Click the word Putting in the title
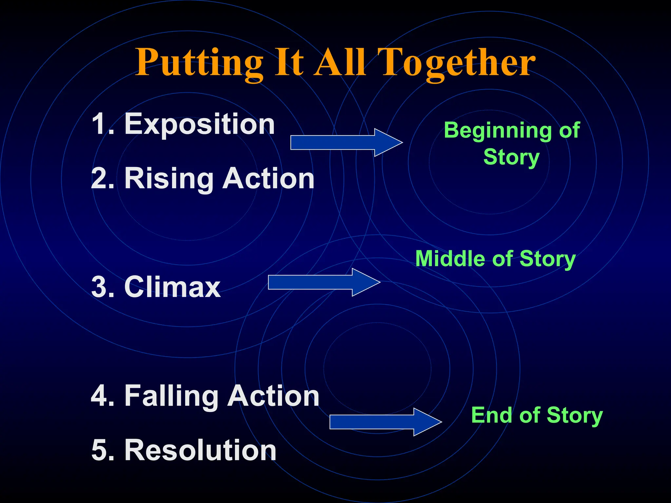point(199,63)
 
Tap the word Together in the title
point(458,63)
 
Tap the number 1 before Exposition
point(100,124)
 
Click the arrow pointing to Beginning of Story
point(346,142)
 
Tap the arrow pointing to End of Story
point(385,422)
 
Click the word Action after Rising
point(268,179)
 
